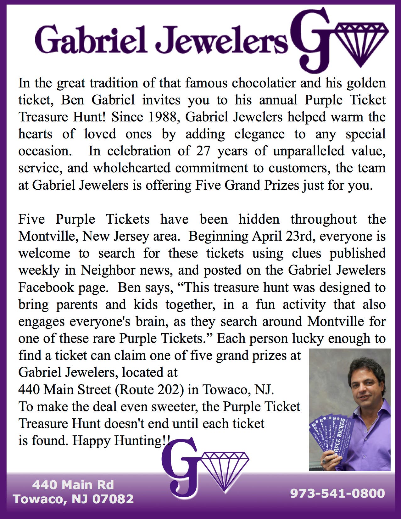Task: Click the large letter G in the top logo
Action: (310, 39)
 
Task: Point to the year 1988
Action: (164, 117)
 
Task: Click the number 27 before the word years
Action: (203, 151)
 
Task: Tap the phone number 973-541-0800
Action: (337, 493)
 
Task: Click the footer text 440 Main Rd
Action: (73, 485)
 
